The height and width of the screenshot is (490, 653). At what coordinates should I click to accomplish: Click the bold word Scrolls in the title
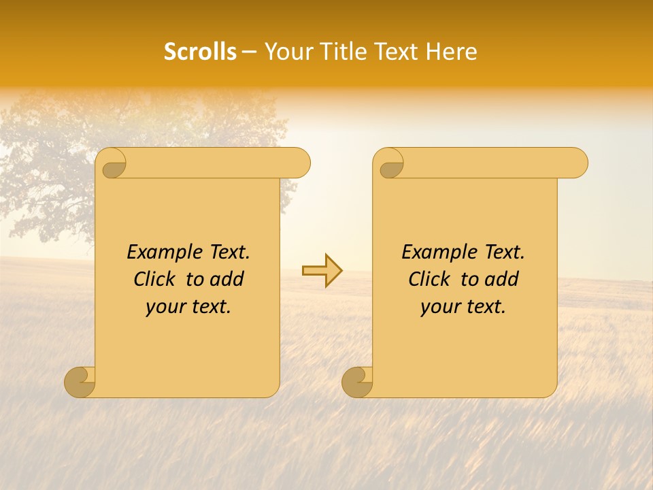pyautogui.click(x=200, y=52)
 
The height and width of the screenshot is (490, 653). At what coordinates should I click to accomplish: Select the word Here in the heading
pyautogui.click(x=452, y=52)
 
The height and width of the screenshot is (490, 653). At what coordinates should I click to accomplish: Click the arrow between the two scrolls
pyautogui.click(x=322, y=271)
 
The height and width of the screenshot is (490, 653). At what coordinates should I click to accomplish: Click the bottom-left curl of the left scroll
pyautogui.click(x=80, y=382)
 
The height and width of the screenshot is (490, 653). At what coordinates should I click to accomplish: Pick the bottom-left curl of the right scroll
pyautogui.click(x=357, y=382)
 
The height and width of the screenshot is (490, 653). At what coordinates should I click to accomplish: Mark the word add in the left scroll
pyautogui.click(x=227, y=279)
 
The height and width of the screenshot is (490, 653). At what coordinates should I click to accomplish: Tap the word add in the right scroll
pyautogui.click(x=502, y=279)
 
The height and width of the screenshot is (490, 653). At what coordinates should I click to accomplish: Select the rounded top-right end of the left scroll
pyautogui.click(x=299, y=163)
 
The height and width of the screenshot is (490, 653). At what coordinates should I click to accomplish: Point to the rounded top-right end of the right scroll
pyautogui.click(x=577, y=163)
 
